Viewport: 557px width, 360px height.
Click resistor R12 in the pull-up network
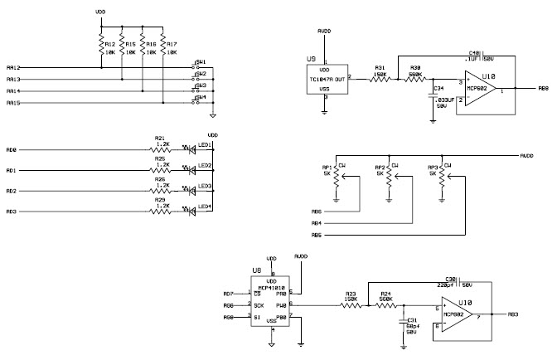point(101,45)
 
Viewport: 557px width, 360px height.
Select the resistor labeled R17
point(162,45)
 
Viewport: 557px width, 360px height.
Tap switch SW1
point(199,67)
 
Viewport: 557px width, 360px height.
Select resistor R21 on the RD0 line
point(160,149)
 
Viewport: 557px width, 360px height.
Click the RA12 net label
point(12,67)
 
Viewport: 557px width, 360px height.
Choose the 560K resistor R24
point(385,305)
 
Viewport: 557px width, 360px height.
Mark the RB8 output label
point(543,87)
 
